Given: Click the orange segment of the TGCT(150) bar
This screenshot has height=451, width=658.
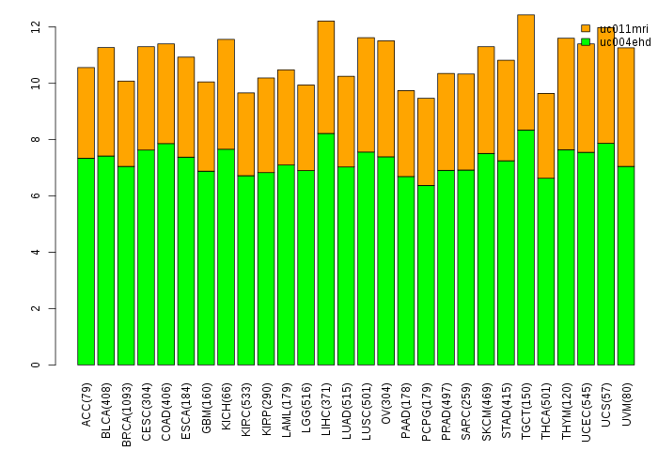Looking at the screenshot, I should pos(526,72).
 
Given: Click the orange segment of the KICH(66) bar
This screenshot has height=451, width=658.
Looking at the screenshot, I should pos(226,94).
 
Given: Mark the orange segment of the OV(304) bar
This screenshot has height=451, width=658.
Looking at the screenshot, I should pos(386,99).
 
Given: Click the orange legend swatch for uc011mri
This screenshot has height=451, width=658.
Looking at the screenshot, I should pos(586,28).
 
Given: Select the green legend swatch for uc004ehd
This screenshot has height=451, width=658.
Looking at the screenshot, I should pos(586,41).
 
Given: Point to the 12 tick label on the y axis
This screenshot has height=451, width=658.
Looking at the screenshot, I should pos(36,27).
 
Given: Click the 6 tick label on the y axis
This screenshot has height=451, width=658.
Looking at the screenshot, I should pos(36,195).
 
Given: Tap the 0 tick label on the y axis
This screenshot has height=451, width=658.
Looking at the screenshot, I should pos(36,365).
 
